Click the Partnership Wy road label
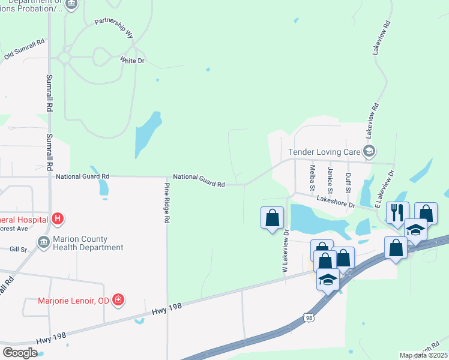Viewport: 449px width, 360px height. pos(115,28)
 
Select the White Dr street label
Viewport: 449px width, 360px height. pos(132,61)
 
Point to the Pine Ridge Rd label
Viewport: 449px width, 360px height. pos(167,203)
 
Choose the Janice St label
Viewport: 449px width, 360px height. pos(330,177)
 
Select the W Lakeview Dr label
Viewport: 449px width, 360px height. pos(286,250)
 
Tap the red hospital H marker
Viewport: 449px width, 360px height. pos(58,219)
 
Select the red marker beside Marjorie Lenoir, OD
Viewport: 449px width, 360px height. pos(118,299)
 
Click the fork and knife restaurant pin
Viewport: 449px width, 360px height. pos(397,212)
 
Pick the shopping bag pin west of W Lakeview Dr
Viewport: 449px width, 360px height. pos(272,217)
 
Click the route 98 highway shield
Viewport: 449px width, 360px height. pos(309,317)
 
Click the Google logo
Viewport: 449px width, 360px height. pos(20,352)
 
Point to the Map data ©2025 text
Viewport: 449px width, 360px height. pos(423,355)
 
